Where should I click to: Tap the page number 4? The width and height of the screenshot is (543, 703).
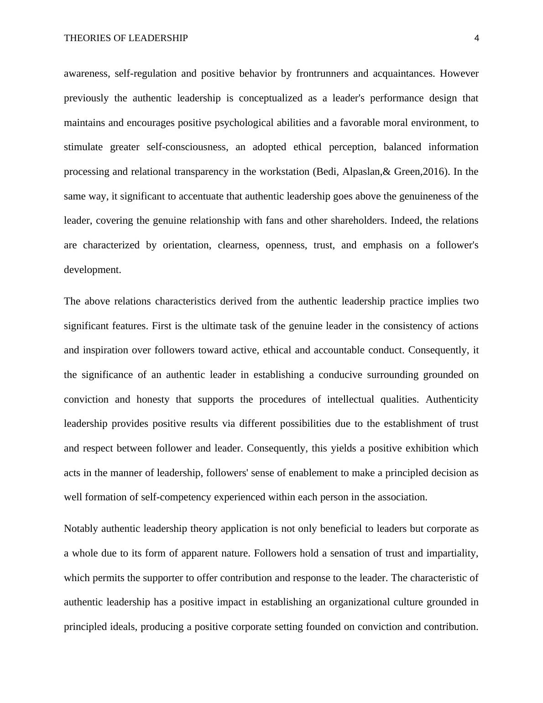coord(477,38)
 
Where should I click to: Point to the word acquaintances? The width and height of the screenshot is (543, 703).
coord(403,73)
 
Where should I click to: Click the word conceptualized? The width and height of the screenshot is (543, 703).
coord(271,98)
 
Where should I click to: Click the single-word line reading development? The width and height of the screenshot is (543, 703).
coord(93,270)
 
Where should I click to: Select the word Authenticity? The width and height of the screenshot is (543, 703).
coord(452,399)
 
